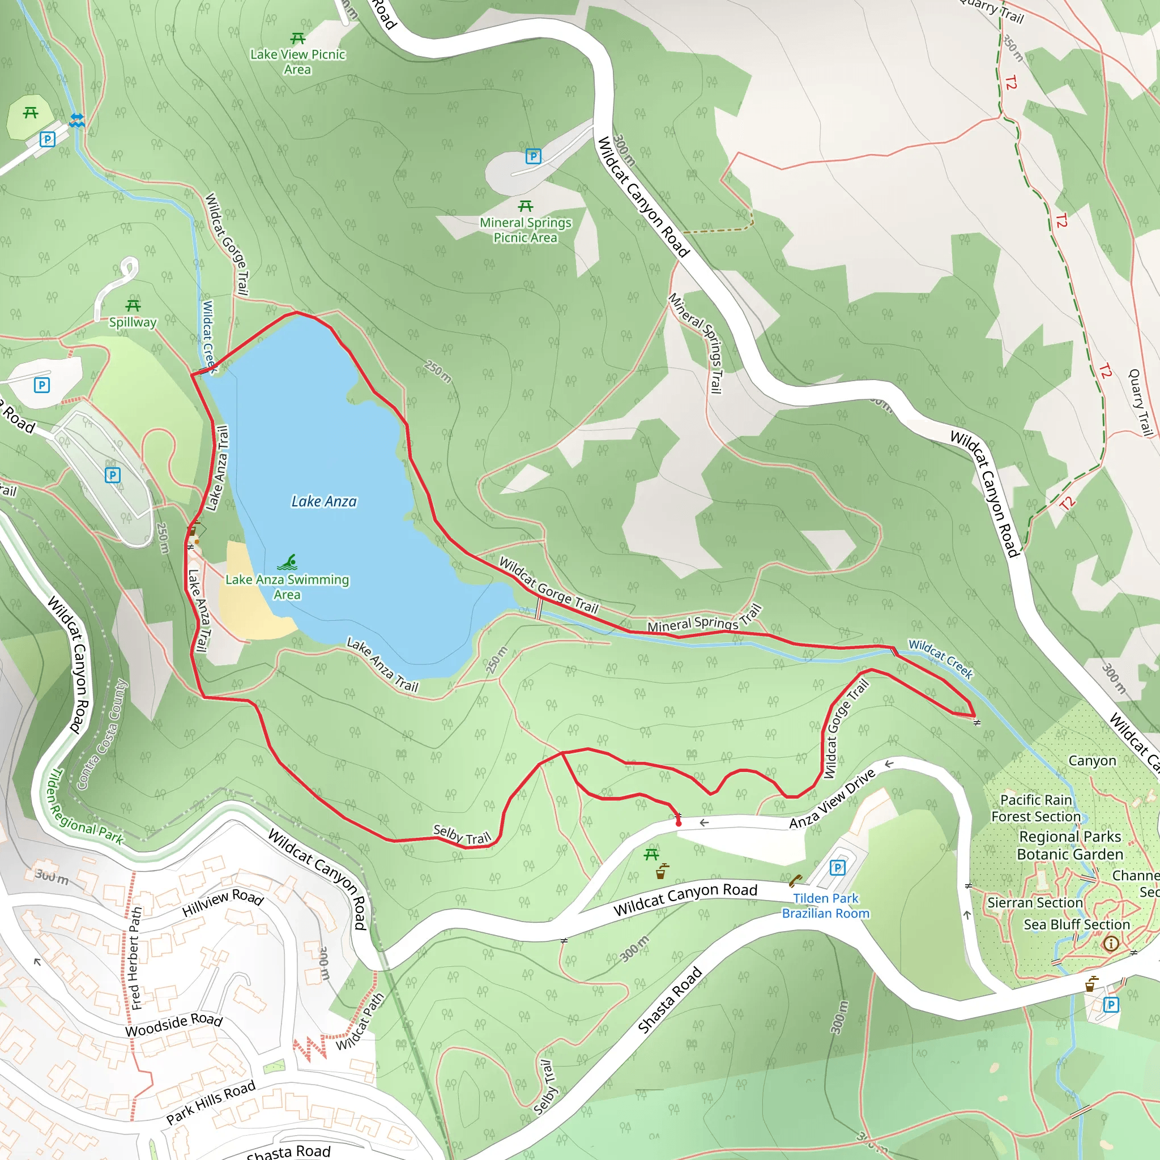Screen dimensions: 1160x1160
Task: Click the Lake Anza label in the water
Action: tap(323, 501)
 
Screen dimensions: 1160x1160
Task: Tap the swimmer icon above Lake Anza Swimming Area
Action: tap(288, 562)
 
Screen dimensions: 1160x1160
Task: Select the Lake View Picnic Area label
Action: tap(298, 62)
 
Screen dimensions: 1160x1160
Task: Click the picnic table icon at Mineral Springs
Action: tap(526, 207)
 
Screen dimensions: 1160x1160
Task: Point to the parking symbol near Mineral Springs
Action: tap(533, 157)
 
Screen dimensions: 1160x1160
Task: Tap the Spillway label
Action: tap(133, 322)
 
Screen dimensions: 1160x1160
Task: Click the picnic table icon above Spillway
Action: tap(133, 306)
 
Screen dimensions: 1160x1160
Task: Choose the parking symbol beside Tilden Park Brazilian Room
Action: tap(837, 868)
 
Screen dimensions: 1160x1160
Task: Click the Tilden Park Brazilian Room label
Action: tap(826, 906)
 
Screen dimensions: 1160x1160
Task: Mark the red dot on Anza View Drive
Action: tap(679, 823)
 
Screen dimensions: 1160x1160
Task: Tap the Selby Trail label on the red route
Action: tap(462, 834)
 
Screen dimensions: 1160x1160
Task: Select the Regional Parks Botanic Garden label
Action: tap(1069, 846)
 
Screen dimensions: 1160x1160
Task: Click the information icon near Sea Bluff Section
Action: tap(1111, 944)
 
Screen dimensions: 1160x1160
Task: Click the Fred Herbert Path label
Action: tap(136, 958)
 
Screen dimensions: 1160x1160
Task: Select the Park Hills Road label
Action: tap(211, 1102)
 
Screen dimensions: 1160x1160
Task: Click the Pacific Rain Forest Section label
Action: tap(1036, 808)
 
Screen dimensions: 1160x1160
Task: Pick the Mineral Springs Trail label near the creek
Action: tap(703, 620)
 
